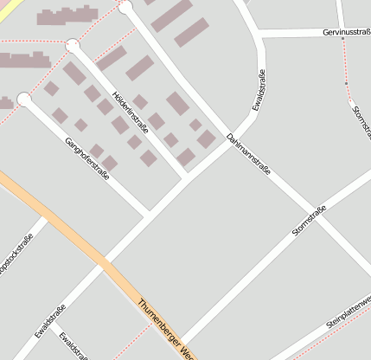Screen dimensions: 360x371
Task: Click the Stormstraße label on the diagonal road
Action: [309, 222]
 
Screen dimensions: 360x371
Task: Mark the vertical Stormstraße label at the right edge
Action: [360, 121]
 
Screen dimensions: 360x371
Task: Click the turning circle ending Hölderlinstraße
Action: [73, 44]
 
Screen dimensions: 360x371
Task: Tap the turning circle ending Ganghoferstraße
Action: [23, 100]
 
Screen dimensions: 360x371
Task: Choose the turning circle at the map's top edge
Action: [125, 7]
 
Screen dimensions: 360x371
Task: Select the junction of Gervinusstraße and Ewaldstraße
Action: [259, 33]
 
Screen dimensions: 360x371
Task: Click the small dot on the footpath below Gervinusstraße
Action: [346, 83]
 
